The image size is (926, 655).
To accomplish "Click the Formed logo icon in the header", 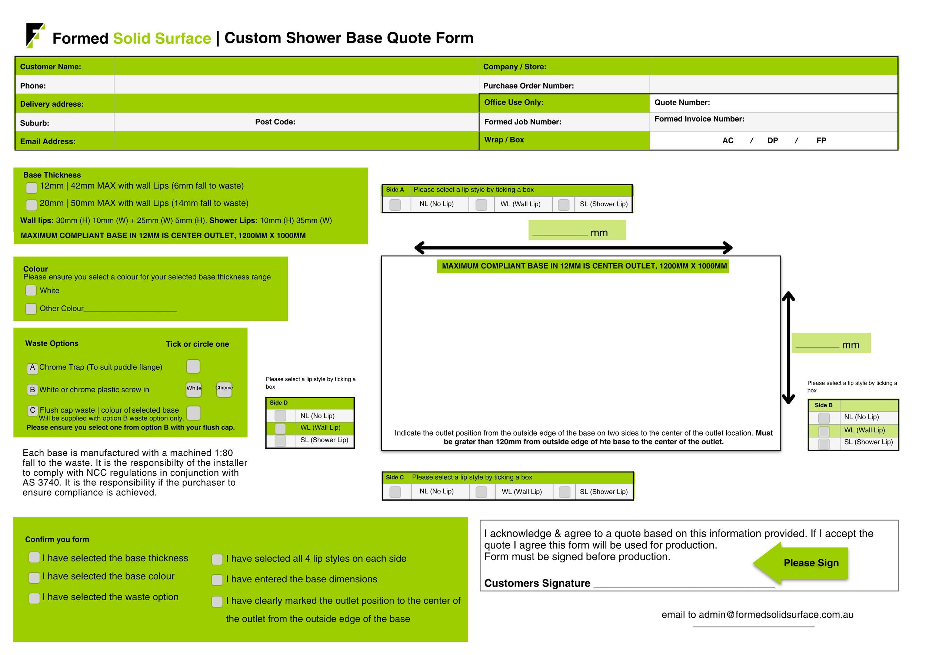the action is pos(35,36).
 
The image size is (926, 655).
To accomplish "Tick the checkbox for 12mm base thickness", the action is pos(31,187).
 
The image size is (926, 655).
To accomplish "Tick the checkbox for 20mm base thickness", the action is pos(31,205).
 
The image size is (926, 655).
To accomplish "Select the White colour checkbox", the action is pos(31,290).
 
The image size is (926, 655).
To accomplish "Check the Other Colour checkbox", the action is pos(31,309).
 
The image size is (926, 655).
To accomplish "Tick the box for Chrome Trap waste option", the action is pos(193,366).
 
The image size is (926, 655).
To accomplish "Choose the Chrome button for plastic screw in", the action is pos(224,389).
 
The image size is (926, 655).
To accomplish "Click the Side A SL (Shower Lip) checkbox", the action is pos(563,205).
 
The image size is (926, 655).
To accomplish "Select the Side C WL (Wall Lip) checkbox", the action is pos(481,492).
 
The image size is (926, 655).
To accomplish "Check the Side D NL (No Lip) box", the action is pos(280,415).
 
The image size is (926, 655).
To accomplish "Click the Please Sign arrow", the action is pos(800,563).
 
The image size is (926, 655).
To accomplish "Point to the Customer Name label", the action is pos(50,67).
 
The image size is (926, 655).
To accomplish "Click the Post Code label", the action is pos(275,122).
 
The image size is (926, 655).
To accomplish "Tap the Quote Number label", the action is pos(682,103).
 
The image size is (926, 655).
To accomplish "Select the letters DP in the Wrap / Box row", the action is pos(772,140).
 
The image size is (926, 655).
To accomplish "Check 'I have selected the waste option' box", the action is pos(34,598).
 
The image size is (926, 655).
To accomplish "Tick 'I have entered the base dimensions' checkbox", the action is pos(217,580).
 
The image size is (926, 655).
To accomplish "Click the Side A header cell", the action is pos(395,190).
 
